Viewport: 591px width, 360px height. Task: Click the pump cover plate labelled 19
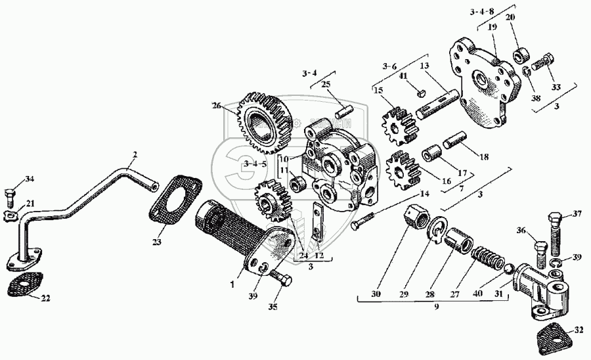click(487, 82)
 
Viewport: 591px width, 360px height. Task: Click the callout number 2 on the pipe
click(135, 155)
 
